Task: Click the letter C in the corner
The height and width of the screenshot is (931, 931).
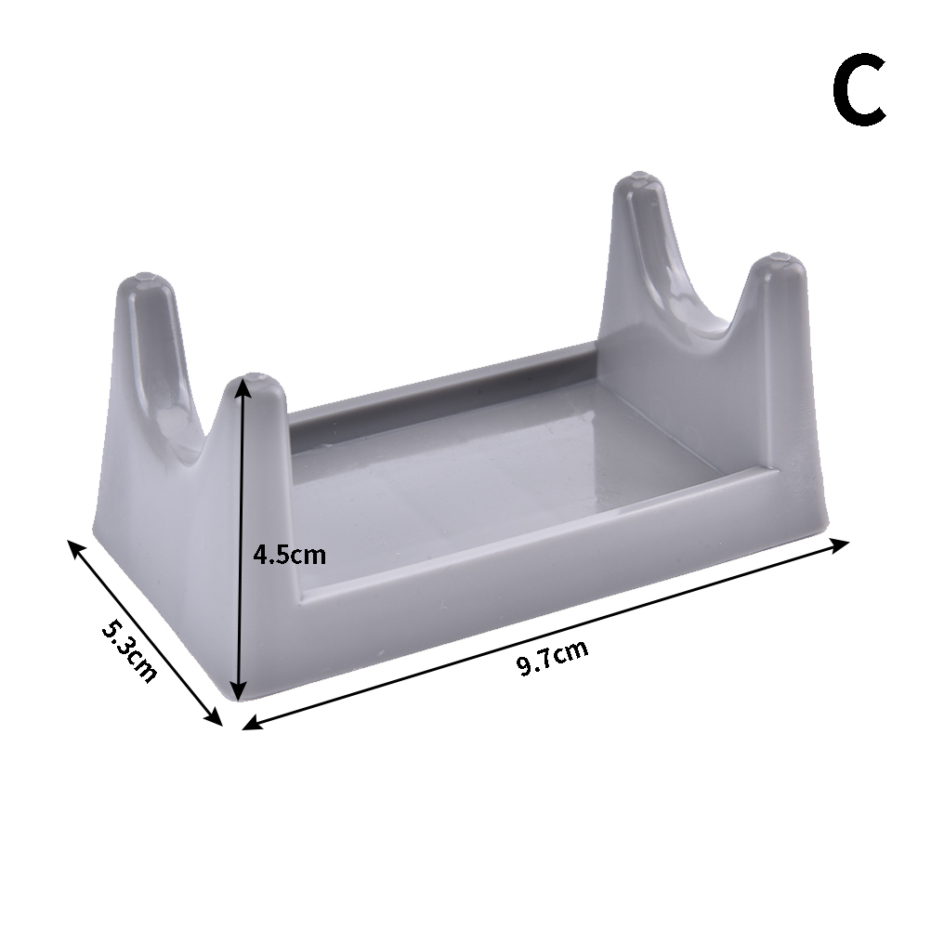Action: click(x=859, y=89)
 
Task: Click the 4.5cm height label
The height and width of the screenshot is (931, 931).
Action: click(x=290, y=555)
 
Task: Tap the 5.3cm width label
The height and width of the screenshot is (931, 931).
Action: click(x=129, y=650)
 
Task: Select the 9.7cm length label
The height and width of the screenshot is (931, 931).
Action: click(x=552, y=657)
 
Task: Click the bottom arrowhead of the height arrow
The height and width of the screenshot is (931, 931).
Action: click(x=238, y=691)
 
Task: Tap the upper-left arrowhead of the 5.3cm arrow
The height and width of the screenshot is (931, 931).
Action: click(x=77, y=549)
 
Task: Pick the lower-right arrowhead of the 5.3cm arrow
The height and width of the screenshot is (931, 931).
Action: click(x=213, y=716)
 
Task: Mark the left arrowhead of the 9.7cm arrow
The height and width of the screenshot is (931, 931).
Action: click(x=252, y=722)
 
